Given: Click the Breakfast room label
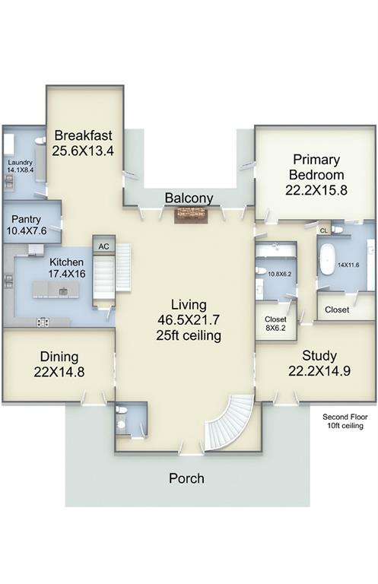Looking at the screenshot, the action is pos(83,135).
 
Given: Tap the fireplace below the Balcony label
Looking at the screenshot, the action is pos(191,216).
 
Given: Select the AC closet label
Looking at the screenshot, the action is pos(104,246).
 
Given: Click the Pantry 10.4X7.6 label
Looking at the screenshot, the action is pos(27,225).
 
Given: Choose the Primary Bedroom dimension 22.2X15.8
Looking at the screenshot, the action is pos(316,190).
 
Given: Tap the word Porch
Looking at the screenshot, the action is pos(186,478).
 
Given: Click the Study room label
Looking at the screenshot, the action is pos(319,356).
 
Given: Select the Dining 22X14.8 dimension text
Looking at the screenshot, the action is pos(59,372).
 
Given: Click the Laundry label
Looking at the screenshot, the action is pos(20,163).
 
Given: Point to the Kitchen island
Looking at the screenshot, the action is pos(56,290).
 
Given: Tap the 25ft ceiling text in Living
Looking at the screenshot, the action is pos(189,335).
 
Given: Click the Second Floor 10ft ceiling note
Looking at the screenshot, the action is pos(345,421).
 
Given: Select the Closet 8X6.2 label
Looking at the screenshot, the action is pos(275,324).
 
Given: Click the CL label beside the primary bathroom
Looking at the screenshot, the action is pos(324,230).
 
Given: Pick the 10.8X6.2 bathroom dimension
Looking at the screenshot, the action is pos(280,274).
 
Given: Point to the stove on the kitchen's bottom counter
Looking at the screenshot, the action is pos(43,322).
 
